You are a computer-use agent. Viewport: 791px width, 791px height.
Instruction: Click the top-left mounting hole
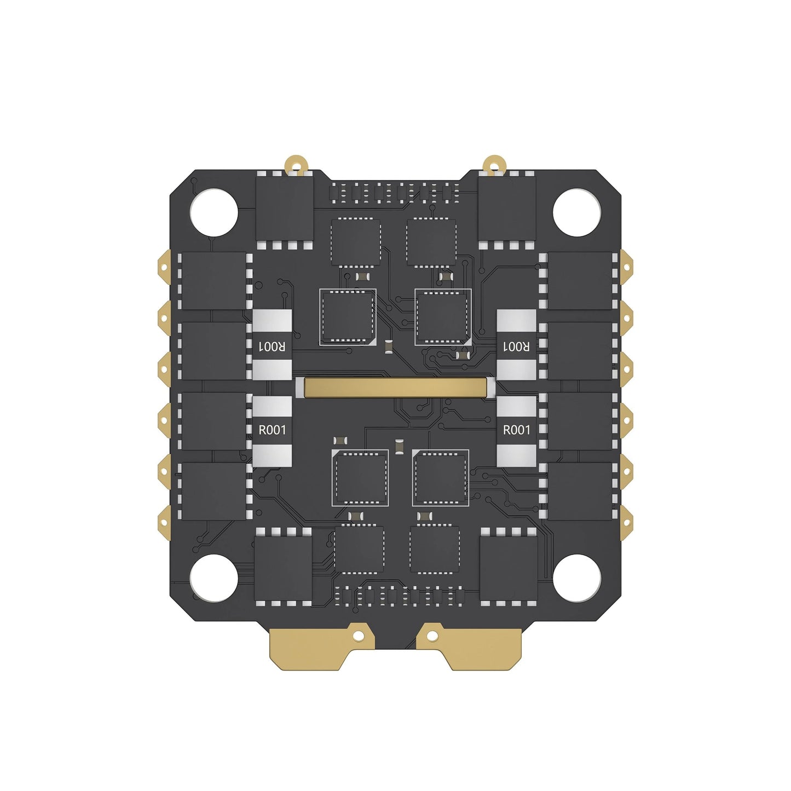click(213, 212)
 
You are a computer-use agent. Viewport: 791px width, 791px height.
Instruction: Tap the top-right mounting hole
click(577, 212)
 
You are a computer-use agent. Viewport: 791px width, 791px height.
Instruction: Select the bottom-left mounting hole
click(213, 578)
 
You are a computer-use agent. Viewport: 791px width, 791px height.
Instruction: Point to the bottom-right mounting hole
click(577, 578)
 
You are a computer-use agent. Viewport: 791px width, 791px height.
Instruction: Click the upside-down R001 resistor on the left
click(272, 345)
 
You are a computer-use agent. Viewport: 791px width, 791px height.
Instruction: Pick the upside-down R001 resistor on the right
click(516, 345)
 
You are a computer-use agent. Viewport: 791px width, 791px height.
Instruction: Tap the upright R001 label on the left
click(272, 430)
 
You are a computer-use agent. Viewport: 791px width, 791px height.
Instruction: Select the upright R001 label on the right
click(516, 430)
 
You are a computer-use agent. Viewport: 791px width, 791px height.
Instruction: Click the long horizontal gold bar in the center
click(395, 388)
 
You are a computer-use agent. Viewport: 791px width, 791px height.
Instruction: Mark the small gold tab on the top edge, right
click(494, 164)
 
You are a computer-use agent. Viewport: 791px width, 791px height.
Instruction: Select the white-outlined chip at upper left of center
click(348, 317)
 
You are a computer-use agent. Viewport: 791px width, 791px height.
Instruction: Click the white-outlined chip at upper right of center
click(443, 317)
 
